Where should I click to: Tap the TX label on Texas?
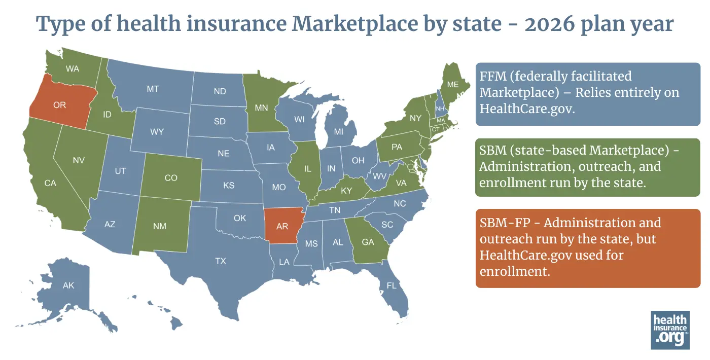[221, 261]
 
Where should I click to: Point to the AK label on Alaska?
[68, 285]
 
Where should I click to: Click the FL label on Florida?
[392, 285]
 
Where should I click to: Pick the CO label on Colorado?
[171, 178]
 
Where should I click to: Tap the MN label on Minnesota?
[261, 108]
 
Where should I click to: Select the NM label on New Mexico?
[160, 227]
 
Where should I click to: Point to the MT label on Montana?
[153, 89]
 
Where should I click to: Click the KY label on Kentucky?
[346, 191]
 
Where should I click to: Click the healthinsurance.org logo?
[670, 330]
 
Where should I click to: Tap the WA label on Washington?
[73, 68]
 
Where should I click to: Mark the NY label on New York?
[415, 118]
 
